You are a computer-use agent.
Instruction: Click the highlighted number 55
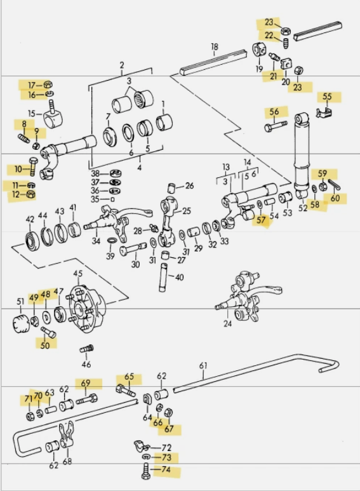coord(327,97)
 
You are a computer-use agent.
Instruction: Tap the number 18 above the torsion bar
coord(214,46)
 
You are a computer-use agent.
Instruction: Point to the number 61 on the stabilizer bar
coord(203,365)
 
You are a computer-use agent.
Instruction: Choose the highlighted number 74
coord(166,471)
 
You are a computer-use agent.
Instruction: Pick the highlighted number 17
coord(30,84)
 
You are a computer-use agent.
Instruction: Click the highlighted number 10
coord(18,169)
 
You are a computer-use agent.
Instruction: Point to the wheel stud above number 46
coord(87,349)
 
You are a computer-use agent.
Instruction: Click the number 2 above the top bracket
coord(122,65)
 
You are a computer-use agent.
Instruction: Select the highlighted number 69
coord(84,383)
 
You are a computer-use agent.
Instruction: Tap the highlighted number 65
coord(130,377)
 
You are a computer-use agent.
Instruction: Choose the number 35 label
coord(95,199)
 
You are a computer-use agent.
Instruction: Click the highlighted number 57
coord(261,220)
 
